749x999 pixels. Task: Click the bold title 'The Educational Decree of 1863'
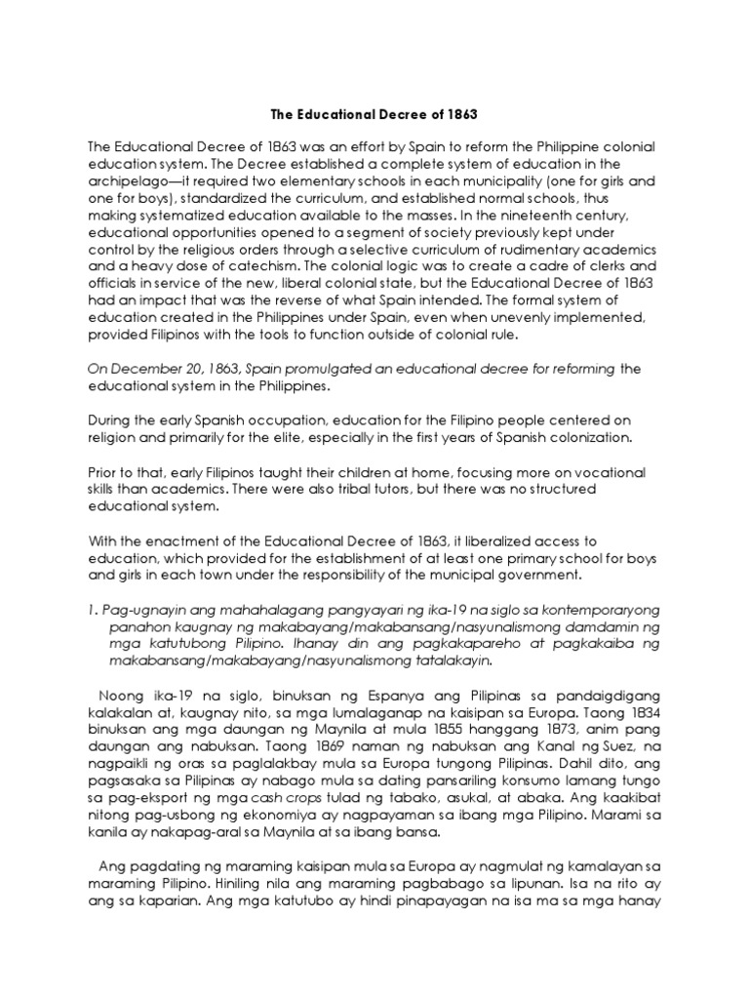pos(374,114)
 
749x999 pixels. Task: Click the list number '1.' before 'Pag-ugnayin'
pos(94,611)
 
